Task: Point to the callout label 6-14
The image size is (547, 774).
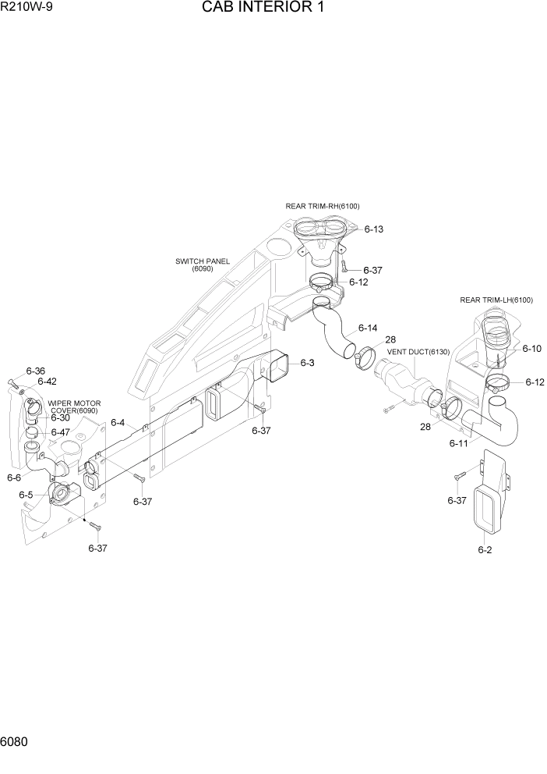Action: point(368,328)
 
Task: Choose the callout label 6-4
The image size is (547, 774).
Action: point(118,422)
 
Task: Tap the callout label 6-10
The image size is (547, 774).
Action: point(531,349)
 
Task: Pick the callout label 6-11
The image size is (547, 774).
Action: point(458,443)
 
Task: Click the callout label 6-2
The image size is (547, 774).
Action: point(485,550)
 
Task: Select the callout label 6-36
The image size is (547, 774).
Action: point(36,371)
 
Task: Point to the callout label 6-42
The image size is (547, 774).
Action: point(47,382)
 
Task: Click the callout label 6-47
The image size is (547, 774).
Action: point(60,432)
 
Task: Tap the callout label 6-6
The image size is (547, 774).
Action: point(14,478)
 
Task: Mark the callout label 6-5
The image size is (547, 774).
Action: point(26,495)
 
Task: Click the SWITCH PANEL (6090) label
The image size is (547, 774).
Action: point(203,265)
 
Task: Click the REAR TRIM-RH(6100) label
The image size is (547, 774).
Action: point(323,206)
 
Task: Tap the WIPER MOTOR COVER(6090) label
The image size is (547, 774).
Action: point(73,407)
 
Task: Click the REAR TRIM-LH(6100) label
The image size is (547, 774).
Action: point(496,300)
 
